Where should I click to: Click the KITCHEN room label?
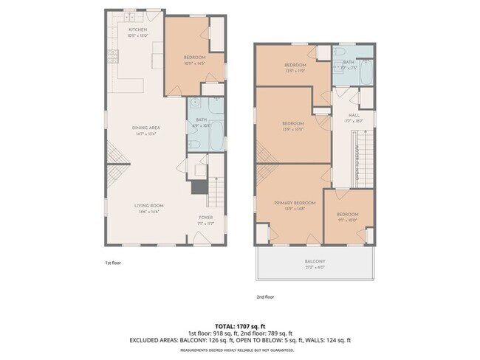(138, 29)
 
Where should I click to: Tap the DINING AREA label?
(148, 128)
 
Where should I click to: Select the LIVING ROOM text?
(148, 205)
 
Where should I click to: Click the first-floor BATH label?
(202, 120)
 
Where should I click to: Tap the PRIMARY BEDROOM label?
(295, 202)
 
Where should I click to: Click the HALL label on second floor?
(354, 115)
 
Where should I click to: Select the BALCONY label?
(315, 262)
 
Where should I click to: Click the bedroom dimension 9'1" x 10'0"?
(347, 219)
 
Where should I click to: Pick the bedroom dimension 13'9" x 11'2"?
(295, 72)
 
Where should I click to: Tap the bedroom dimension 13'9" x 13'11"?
(295, 129)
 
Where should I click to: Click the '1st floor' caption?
(112, 262)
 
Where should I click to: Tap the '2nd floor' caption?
(265, 297)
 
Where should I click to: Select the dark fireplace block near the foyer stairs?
(199, 187)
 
